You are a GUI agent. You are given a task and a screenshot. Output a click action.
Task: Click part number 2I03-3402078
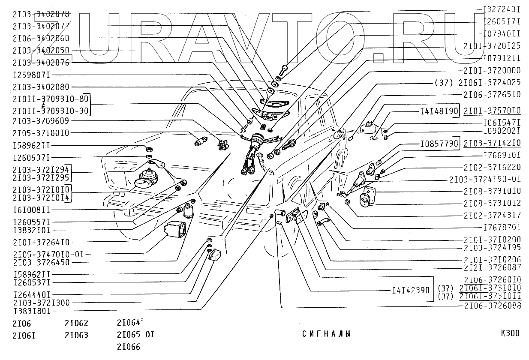41,14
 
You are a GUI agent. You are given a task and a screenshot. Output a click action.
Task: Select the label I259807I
32,75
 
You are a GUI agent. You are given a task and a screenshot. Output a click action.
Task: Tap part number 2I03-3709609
41,121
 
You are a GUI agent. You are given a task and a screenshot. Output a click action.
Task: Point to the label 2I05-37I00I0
41,133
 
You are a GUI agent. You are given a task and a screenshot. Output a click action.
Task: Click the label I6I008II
32,210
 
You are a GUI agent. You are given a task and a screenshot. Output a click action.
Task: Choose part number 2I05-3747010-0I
48,254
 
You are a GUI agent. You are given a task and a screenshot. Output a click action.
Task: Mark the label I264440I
32,295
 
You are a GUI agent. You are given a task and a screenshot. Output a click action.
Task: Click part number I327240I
502,9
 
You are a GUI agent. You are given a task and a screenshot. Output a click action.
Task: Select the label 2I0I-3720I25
492,45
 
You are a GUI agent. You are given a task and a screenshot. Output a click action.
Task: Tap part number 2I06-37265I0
492,94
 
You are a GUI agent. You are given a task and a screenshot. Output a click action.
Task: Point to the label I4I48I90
439,111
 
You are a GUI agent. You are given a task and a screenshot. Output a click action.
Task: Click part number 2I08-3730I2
492,203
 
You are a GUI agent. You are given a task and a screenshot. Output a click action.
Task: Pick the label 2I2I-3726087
492,267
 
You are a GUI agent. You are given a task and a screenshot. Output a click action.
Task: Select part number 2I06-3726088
492,306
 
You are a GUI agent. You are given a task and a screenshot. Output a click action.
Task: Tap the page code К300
510,333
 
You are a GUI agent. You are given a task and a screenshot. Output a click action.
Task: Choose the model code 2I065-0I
135,334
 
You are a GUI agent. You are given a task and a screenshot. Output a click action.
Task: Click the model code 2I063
76,335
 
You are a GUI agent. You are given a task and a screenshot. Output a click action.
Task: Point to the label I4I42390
410,290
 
